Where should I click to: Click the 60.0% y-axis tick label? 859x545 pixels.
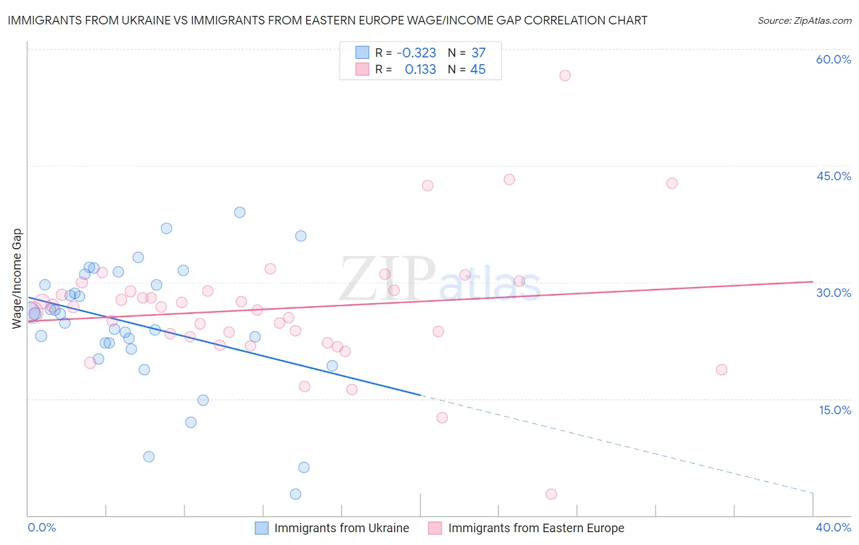(833, 59)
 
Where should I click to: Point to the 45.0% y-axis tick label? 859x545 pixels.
(833, 176)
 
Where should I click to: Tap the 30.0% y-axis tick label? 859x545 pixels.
(833, 293)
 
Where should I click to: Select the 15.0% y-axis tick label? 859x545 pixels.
(835, 410)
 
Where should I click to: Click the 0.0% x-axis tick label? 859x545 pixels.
(42, 527)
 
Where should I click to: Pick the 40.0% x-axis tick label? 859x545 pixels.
(833, 527)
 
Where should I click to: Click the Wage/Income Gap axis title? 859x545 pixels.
(16, 279)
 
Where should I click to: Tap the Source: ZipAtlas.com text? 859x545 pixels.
(804, 20)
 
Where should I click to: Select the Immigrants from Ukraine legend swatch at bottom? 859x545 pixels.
(261, 528)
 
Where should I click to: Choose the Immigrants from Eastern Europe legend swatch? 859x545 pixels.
(435, 528)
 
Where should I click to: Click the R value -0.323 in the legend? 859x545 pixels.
(416, 53)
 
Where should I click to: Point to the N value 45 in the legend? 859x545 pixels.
(478, 70)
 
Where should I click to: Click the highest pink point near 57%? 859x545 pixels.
(565, 76)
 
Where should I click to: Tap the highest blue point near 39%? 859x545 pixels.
(239, 213)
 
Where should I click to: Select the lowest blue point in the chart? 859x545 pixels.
(295, 494)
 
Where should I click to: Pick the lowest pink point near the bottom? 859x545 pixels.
(551, 494)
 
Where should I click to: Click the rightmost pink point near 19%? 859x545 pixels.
(722, 370)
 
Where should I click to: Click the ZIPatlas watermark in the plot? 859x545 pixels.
(440, 280)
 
